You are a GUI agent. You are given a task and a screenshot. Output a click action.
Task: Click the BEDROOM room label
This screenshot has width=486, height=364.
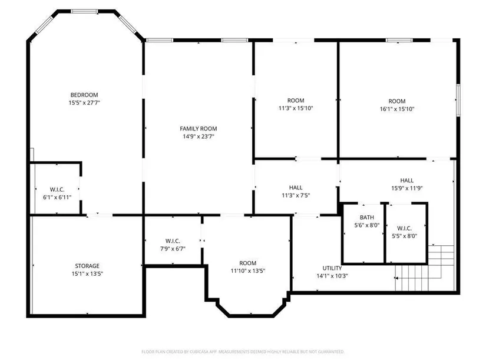84,95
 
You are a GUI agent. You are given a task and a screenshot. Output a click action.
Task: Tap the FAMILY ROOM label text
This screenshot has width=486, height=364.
199,129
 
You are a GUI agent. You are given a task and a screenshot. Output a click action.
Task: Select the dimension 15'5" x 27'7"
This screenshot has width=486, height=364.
84,103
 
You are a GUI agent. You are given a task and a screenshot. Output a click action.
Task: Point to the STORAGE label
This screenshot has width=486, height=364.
87,266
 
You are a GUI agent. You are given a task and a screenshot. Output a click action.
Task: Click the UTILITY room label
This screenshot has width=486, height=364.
332,268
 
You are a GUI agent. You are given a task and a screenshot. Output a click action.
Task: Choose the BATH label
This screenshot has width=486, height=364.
367,218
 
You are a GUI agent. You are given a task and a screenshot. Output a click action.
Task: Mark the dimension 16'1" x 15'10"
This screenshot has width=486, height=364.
397,109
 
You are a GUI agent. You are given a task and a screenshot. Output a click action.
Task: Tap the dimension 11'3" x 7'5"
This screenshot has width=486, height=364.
296,195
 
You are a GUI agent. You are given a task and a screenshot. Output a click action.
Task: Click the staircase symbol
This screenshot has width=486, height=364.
425,268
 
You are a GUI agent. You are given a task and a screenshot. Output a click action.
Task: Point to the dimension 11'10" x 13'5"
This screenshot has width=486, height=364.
248,271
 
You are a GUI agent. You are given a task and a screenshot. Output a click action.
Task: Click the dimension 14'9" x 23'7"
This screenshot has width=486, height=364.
199,136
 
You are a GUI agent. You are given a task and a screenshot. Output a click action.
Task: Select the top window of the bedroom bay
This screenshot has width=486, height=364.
84,11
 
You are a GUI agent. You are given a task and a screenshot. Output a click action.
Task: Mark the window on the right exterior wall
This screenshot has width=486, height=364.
458,101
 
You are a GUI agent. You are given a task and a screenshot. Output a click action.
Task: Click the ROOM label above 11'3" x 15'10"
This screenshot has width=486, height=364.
296,101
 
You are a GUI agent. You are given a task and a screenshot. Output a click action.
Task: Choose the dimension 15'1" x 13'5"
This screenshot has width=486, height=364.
87,273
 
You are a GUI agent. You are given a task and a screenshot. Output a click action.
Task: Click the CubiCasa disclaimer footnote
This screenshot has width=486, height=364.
243,352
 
